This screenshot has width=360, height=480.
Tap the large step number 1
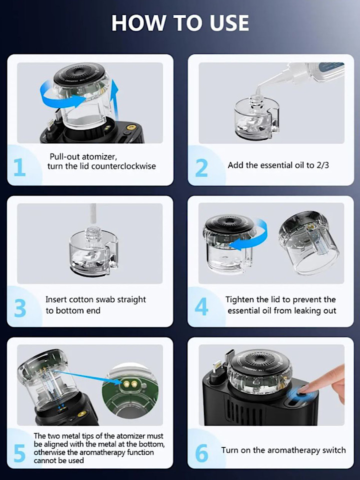point(19,167)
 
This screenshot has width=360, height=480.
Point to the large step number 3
point(20,308)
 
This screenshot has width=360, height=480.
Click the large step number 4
point(201,306)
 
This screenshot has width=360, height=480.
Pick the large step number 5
point(19,453)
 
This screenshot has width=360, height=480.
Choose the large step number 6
point(201,453)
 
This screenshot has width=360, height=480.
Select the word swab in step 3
point(105,299)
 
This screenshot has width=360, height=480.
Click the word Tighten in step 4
point(239,299)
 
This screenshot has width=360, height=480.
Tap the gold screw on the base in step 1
point(132,127)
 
